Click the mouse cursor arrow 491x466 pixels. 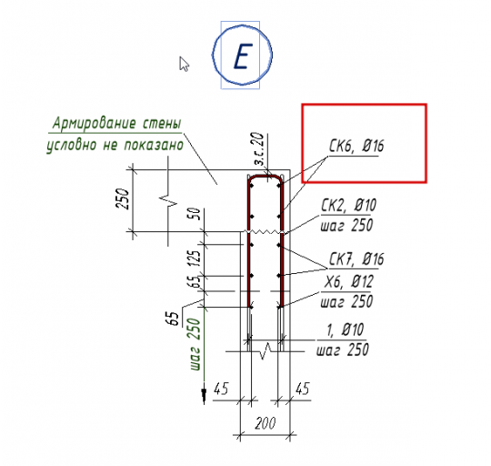pos(184,64)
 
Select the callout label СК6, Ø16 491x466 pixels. pos(356,146)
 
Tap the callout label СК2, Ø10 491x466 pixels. pos(348,206)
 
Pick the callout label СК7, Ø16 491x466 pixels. pos(356,259)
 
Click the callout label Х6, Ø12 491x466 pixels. pos(348,281)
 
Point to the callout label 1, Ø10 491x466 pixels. pos(345,329)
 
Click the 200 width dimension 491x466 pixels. pos(266,423)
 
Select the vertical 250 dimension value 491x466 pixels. pos(122,198)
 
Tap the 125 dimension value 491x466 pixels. pos(195,258)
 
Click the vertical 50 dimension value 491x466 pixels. pos(195,214)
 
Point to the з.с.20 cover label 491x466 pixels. pos(258,149)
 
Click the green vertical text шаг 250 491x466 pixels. pos(194,344)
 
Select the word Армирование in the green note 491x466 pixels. pos(95,124)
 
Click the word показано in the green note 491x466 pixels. pos(154,146)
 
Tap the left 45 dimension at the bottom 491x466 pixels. pos(221,389)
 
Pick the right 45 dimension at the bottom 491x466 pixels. pos(303,389)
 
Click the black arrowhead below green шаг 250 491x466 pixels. pos(204,396)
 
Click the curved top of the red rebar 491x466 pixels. pos(266,177)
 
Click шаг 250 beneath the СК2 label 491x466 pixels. pos(347,226)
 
